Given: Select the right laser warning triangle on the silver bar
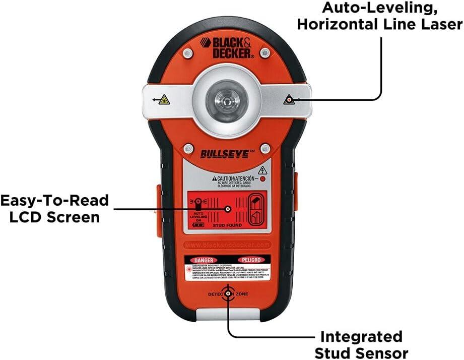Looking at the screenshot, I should pyautogui.click(x=288, y=100).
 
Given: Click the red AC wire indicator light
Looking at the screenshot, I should pyautogui.click(x=262, y=178).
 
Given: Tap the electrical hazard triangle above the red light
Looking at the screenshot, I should pyautogui.click(x=262, y=169).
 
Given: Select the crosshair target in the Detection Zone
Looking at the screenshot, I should pyautogui.click(x=228, y=292).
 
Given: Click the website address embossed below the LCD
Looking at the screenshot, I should pyautogui.click(x=227, y=245).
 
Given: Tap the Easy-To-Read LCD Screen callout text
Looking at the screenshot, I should pyautogui.click(x=54, y=209).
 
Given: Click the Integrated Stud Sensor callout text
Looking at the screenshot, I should pyautogui.click(x=362, y=344).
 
